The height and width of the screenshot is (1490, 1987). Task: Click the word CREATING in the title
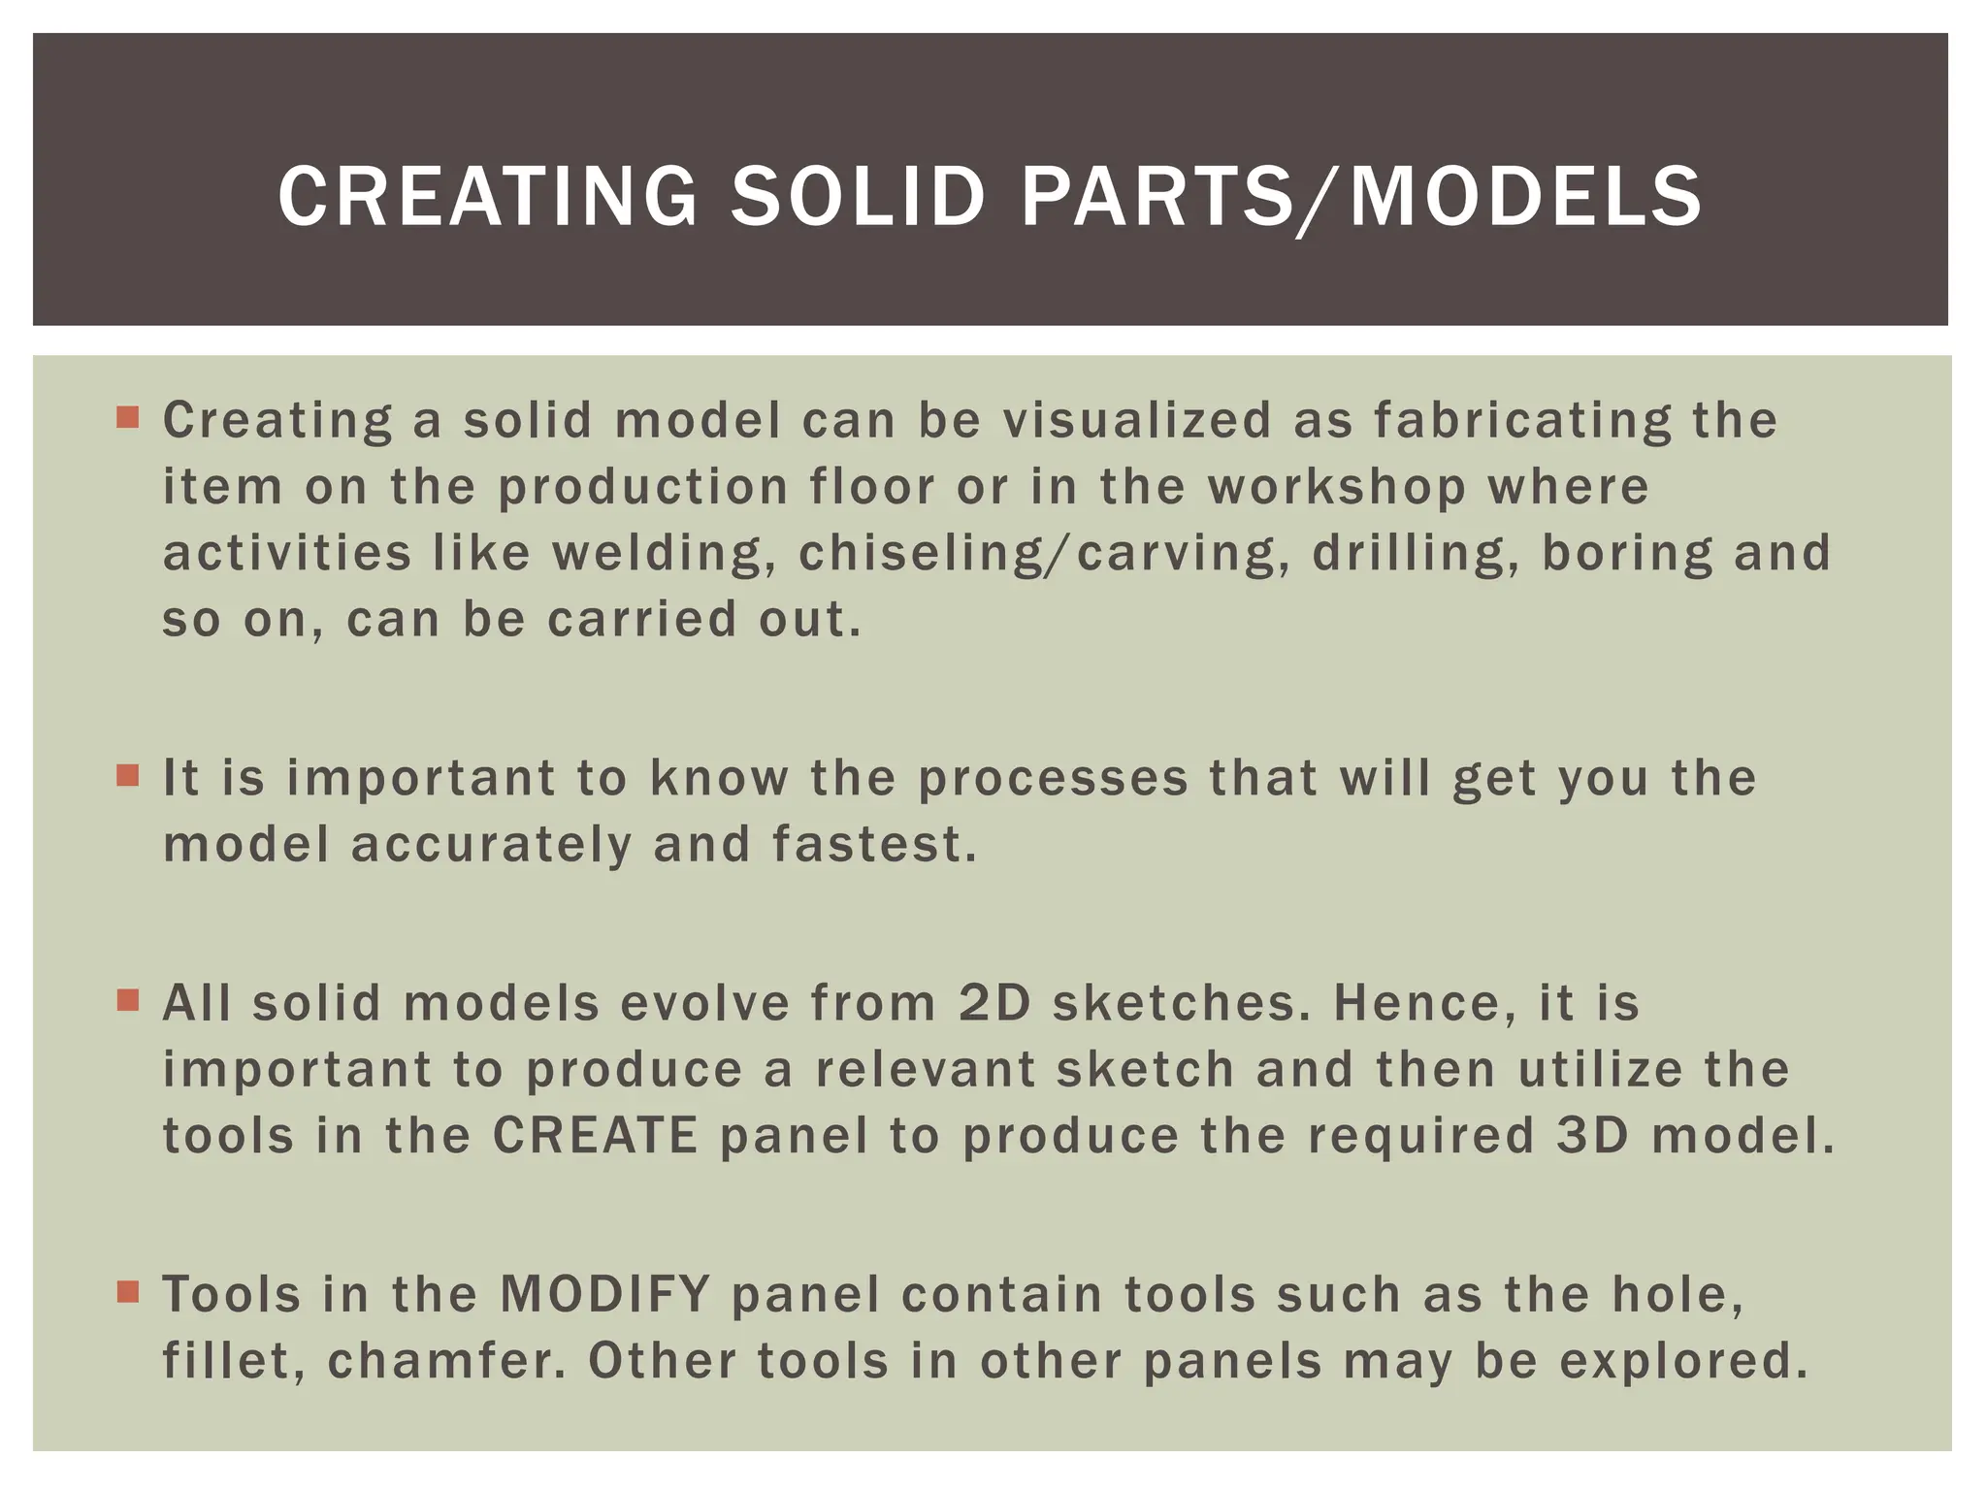(487, 197)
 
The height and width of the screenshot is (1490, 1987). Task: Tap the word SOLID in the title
(858, 197)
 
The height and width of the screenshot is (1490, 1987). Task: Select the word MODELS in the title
(1526, 197)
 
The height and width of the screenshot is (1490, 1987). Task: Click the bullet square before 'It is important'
(128, 775)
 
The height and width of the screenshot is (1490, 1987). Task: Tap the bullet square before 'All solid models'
(128, 1000)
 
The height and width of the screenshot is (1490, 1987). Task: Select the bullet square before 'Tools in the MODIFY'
(128, 1291)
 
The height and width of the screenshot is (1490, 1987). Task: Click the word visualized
(1136, 421)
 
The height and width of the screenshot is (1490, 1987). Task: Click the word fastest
(873, 844)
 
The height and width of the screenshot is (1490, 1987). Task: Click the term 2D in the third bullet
(993, 1003)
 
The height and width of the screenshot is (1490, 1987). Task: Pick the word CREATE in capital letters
(595, 1136)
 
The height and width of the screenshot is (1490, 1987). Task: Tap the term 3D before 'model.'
(1592, 1136)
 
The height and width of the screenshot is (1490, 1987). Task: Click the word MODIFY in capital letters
(605, 1294)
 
